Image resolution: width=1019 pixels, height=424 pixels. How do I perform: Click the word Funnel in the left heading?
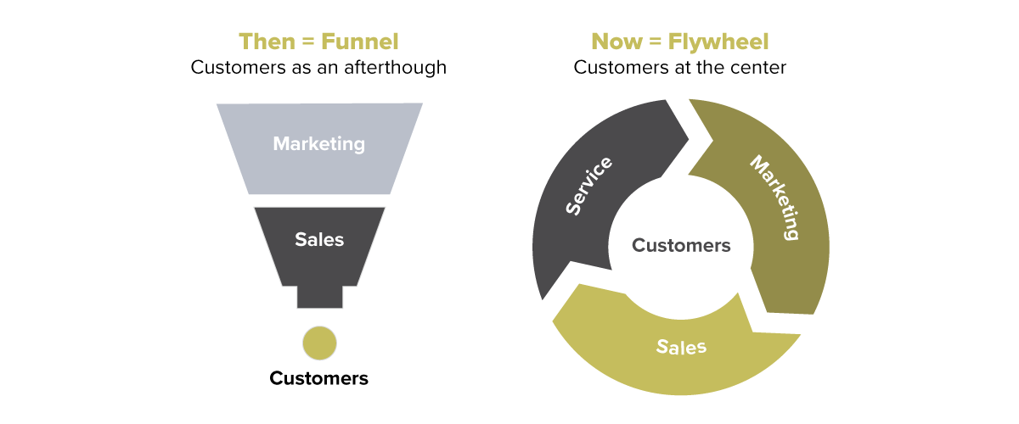pos(359,42)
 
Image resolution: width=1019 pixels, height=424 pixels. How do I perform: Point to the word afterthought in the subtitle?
pos(395,67)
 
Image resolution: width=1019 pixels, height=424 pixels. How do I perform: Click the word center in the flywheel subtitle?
pos(760,67)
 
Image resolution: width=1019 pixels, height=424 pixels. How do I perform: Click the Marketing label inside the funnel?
pos(319,143)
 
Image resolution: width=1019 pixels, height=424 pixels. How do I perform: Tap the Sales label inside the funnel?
pos(319,239)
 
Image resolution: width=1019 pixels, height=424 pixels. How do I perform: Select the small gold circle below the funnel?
pos(319,343)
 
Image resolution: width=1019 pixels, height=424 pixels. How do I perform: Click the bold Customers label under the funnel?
pos(319,378)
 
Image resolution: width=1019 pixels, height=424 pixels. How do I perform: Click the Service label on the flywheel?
pos(588,186)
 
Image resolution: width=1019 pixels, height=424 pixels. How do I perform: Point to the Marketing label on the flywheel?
pos(775,197)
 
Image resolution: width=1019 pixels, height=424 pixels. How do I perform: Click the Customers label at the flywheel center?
pos(681,245)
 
